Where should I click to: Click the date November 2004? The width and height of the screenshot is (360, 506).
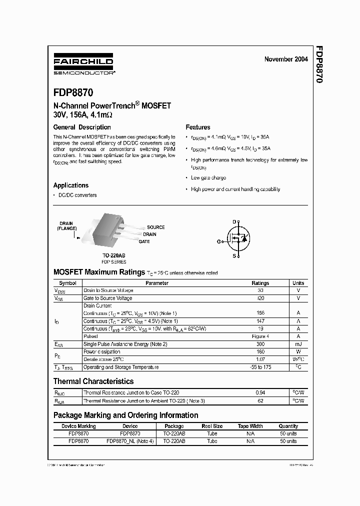click(x=286, y=59)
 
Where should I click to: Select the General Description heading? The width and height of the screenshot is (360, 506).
click(x=82, y=127)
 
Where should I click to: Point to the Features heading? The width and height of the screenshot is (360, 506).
click(x=197, y=127)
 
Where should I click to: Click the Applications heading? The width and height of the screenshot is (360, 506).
click(x=71, y=185)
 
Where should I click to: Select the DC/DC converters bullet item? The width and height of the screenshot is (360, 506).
click(x=77, y=195)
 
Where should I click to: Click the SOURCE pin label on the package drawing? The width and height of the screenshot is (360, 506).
click(x=155, y=227)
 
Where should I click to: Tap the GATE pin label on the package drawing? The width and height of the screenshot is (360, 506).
click(x=144, y=241)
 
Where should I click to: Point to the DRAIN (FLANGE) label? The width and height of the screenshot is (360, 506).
click(x=66, y=226)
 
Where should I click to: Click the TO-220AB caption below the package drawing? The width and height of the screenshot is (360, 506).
click(x=114, y=255)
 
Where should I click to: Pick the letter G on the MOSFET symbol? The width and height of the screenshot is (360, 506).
click(x=218, y=241)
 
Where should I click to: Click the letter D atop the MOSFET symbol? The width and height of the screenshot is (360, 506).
click(x=233, y=221)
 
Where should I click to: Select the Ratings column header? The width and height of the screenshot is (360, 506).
click(x=260, y=283)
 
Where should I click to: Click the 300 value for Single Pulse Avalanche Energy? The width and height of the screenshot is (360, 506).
click(x=260, y=344)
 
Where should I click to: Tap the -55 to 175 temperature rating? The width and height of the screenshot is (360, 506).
click(x=260, y=367)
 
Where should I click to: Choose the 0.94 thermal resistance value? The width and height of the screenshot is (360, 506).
click(x=260, y=393)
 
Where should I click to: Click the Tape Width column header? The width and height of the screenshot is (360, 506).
click(x=250, y=426)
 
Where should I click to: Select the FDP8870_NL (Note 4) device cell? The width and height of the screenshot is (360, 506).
click(x=130, y=441)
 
